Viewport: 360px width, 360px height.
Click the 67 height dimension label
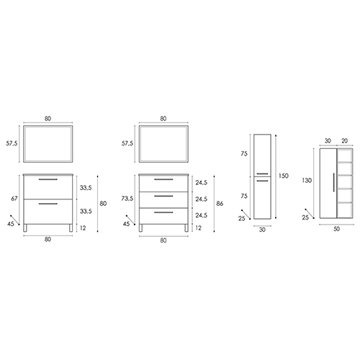(x=14, y=199)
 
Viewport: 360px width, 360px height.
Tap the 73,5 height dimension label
(x=127, y=199)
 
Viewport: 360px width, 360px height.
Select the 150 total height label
(x=283, y=176)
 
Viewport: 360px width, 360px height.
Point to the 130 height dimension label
(x=307, y=180)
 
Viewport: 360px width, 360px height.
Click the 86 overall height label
(x=220, y=204)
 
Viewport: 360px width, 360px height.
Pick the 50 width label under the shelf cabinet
(x=336, y=229)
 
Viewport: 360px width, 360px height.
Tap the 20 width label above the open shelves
(x=344, y=141)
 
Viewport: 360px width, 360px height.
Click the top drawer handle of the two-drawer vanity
(x=48, y=179)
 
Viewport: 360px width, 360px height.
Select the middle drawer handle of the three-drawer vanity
(x=163, y=196)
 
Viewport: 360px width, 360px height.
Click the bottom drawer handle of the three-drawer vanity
(x=163, y=212)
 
